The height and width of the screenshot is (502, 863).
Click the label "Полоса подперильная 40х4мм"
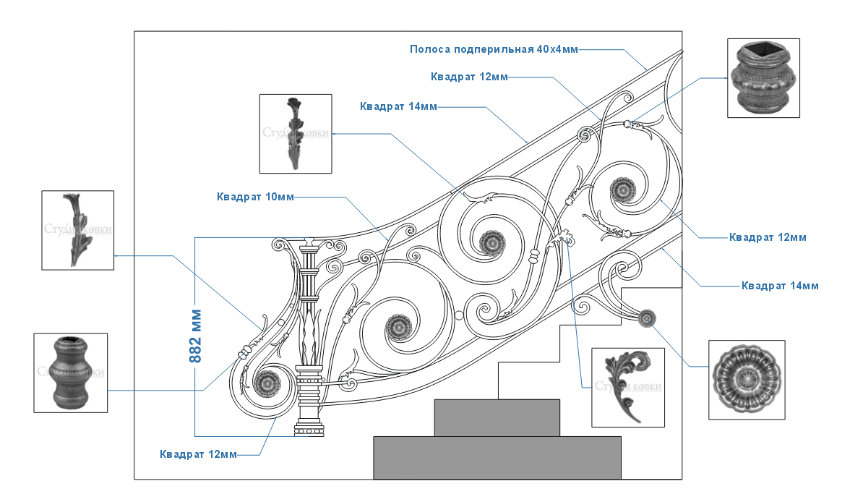[494, 49]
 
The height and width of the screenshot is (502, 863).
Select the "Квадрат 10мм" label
[255, 197]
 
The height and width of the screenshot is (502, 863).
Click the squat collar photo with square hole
[763, 78]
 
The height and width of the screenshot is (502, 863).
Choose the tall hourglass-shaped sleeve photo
[71, 373]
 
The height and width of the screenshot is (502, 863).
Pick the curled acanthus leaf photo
[627, 388]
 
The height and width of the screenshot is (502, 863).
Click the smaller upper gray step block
[497, 417]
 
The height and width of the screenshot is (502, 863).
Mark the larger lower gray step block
[497, 457]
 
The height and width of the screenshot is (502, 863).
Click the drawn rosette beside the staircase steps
[648, 318]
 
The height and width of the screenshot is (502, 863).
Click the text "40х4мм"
[557, 49]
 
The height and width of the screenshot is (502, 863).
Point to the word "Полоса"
[431, 49]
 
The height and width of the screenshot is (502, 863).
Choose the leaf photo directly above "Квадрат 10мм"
[296, 133]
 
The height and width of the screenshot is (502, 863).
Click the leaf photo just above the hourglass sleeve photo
[77, 230]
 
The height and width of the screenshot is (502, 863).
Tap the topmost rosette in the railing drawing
[621, 190]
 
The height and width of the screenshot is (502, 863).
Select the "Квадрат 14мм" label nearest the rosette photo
[780, 286]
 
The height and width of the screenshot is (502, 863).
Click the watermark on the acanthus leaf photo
[627, 386]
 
